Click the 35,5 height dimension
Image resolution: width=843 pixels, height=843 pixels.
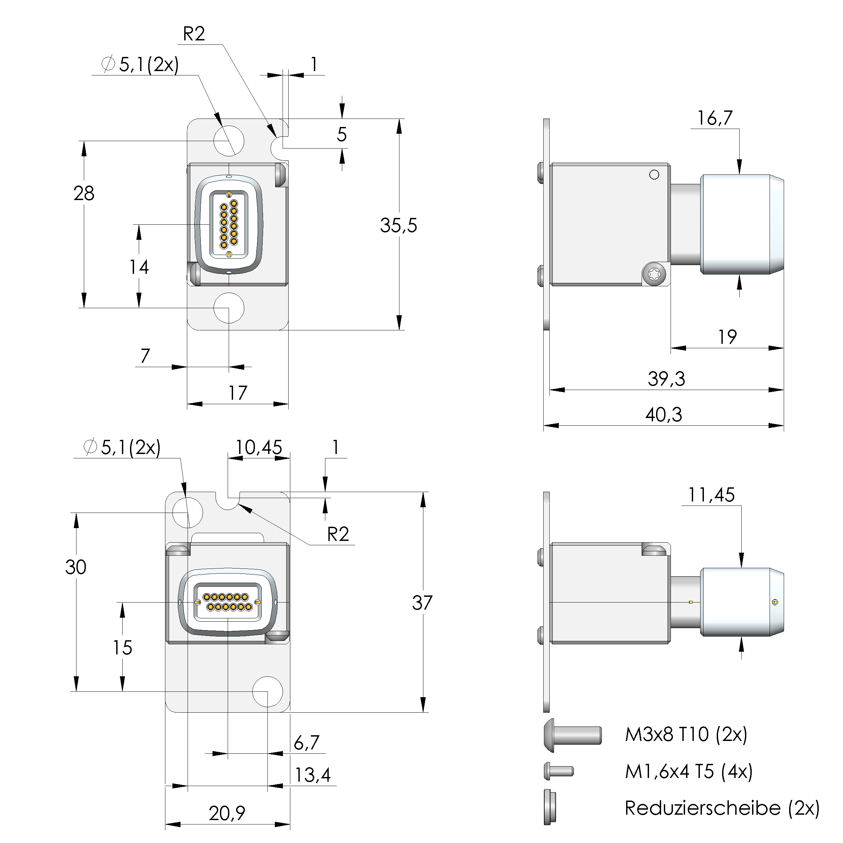tap(398, 226)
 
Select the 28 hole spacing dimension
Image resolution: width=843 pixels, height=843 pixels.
tap(84, 193)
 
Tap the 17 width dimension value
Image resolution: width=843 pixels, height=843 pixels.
tap(238, 393)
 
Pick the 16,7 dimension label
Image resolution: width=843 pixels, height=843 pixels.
tap(714, 118)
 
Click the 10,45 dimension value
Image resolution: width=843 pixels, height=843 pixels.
tap(259, 448)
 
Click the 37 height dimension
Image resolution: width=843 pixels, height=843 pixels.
tap(422, 603)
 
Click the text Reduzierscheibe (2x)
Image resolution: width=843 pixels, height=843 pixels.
tap(722, 808)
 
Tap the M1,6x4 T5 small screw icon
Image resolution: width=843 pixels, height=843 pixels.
tap(558, 771)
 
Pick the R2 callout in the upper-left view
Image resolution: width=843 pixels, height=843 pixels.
tap(194, 34)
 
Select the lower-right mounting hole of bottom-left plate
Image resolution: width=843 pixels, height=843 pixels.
tap(267, 691)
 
